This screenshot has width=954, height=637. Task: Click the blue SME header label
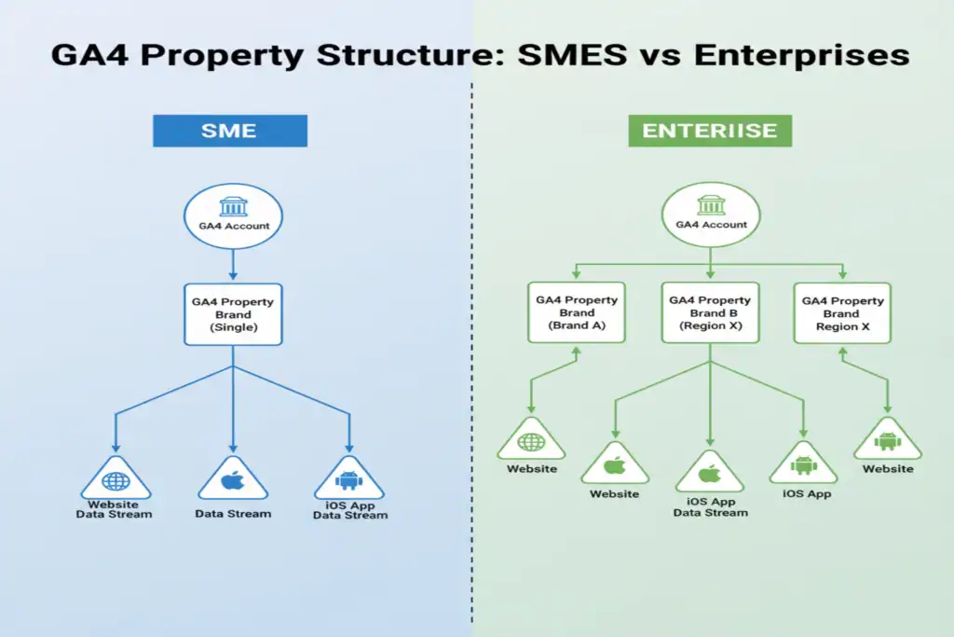point(229,131)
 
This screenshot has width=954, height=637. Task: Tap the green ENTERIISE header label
point(710,131)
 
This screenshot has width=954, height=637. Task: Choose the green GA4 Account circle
point(711,216)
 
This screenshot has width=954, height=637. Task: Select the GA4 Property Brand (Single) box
point(233,314)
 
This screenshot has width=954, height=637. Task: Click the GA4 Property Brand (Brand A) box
point(578,312)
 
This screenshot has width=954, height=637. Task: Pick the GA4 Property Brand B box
point(711,312)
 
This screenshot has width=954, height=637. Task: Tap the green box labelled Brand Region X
point(843,312)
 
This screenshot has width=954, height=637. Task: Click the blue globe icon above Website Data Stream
point(116,481)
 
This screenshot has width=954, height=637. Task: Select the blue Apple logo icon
point(232,481)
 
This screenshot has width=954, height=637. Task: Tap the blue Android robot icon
point(349,481)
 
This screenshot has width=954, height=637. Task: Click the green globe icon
point(531,442)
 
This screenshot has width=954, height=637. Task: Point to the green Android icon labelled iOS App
point(802,464)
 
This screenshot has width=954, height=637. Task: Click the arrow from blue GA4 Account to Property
point(233,265)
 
